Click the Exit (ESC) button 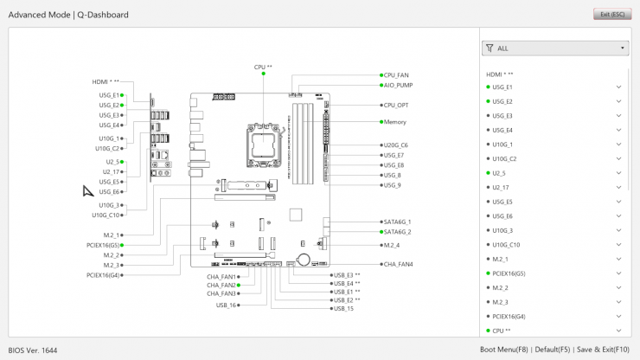pos(611,15)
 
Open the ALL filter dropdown pos(554,48)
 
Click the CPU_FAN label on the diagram pos(396,75)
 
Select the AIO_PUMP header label pos(398,85)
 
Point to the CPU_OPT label pos(396,106)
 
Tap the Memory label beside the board pos(394,122)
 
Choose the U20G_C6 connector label pos(395,145)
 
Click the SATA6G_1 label pos(397,222)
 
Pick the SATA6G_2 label pos(397,232)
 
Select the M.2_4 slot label pos(392,245)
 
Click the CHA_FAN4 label pos(398,264)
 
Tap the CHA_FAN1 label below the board pos(221,277)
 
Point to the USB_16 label pos(226,305)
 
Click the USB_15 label pos(343,308)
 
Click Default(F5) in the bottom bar pos(553,350)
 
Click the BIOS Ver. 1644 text pos(33,350)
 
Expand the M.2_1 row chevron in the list pos(618,259)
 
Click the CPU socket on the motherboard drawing pos(263,139)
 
